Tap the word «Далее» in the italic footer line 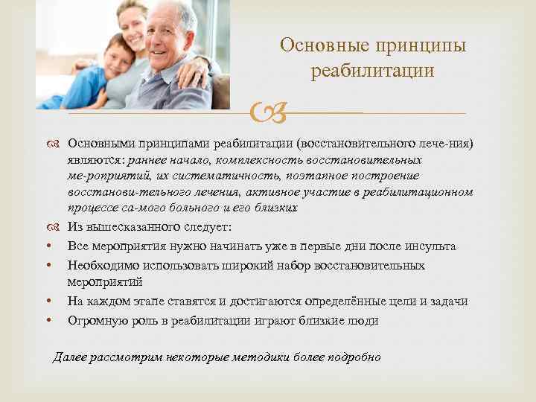[x=71, y=357]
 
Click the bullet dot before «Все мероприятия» [x=47, y=246]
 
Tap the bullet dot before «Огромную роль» [x=47, y=322]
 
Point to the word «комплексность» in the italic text [x=226, y=159]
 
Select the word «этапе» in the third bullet [x=154, y=301]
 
